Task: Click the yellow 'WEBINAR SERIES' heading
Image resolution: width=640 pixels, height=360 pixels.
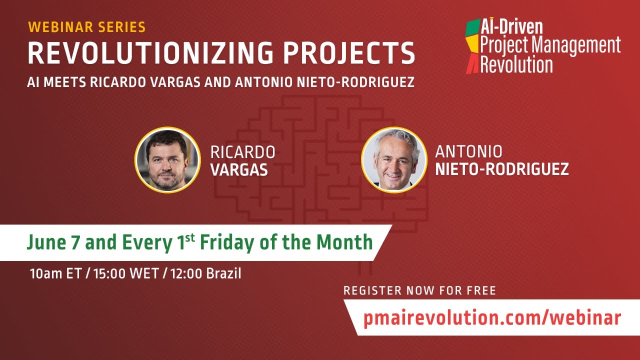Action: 86,27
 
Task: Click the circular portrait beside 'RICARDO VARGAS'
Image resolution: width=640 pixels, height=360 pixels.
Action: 167,159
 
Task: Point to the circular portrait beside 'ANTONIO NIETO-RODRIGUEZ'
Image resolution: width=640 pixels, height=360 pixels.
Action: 394,159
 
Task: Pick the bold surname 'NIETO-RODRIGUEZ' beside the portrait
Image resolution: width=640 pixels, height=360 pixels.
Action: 501,169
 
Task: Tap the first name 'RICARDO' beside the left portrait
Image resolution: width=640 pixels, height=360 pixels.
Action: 242,152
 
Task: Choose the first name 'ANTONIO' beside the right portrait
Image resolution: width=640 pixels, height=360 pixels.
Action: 468,151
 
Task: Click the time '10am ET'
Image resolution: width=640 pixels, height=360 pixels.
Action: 55,274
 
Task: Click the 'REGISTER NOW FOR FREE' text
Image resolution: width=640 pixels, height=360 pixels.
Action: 419,290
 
